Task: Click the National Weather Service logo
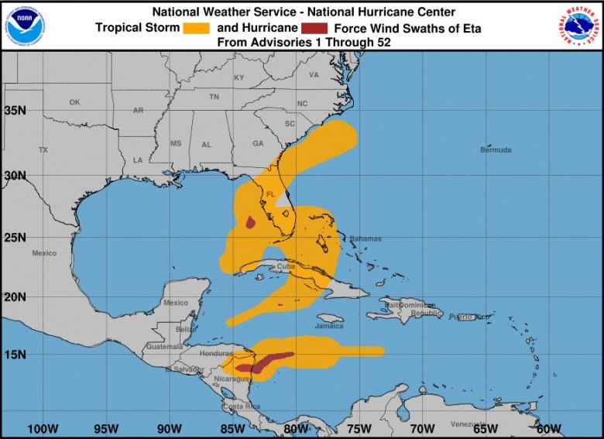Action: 578,26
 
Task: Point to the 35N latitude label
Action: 15,110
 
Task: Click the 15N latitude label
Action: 15,355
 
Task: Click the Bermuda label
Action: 496,149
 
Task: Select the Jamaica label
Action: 330,326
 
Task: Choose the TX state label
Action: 43,149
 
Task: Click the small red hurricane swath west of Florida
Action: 251,223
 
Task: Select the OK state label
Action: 74,102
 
